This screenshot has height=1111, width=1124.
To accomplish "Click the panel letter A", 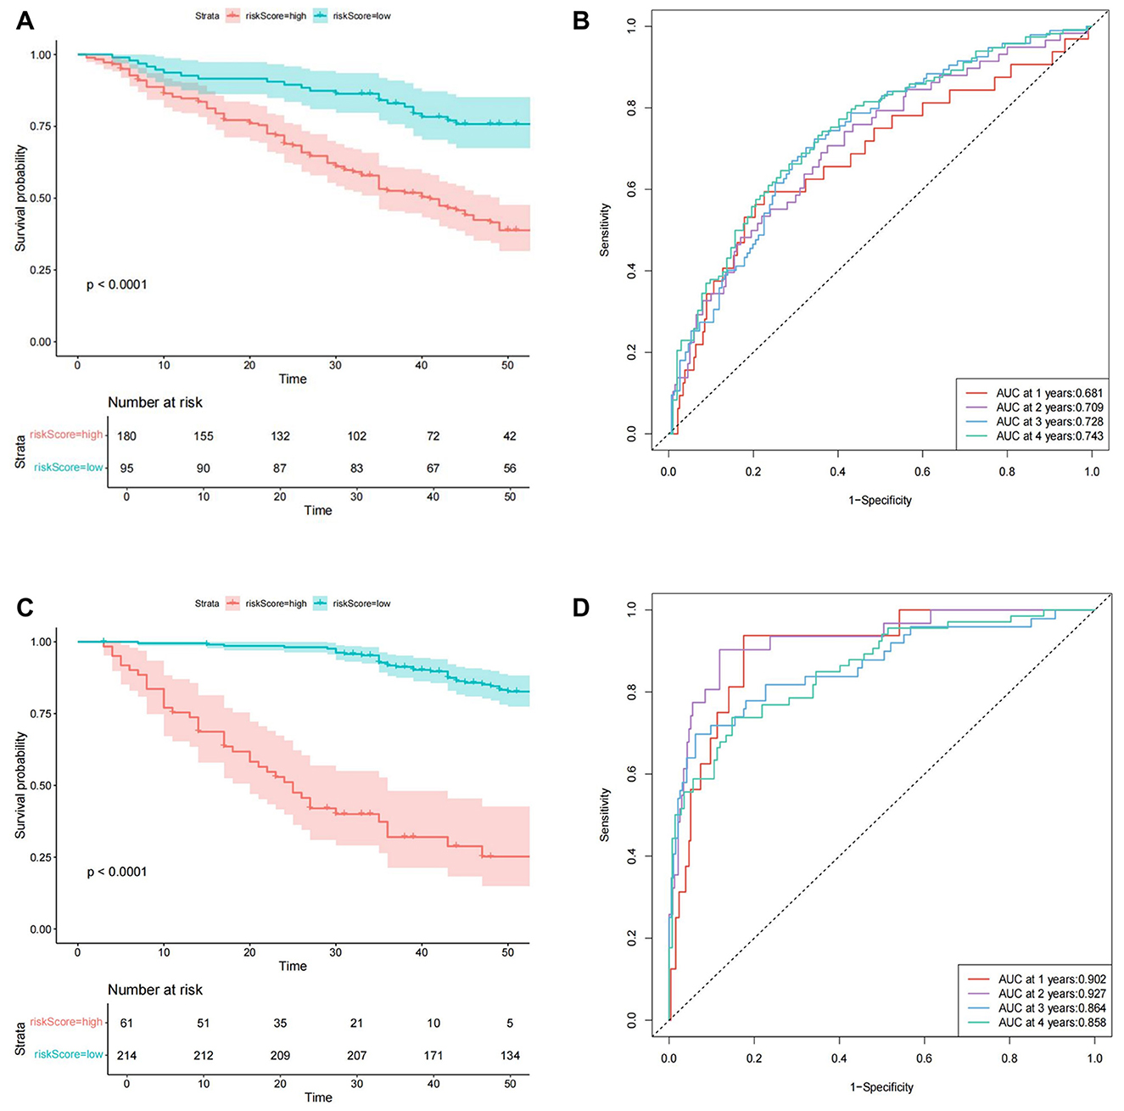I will pyautogui.click(x=25, y=20).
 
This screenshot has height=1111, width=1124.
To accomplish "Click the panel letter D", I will pyautogui.click(x=581, y=608).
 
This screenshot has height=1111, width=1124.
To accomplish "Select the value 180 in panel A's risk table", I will pyautogui.click(x=126, y=436).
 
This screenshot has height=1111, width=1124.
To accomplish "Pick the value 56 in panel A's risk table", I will pyautogui.click(x=510, y=469).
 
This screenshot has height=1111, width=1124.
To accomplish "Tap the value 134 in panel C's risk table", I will pyautogui.click(x=510, y=1056).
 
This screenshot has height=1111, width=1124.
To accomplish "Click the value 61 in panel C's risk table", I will pyautogui.click(x=126, y=1024).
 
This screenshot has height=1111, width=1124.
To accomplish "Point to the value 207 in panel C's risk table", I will pyautogui.click(x=356, y=1056).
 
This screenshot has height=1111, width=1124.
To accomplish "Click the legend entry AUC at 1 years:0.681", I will pyautogui.click(x=1049, y=393).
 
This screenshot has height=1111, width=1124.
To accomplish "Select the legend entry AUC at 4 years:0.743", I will pyautogui.click(x=1049, y=436).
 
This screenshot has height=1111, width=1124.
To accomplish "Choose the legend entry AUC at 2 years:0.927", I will pyautogui.click(x=1052, y=994).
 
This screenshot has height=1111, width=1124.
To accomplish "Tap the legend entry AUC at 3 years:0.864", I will pyautogui.click(x=1052, y=1008).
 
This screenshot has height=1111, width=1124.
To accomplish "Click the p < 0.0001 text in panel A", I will pyautogui.click(x=117, y=285).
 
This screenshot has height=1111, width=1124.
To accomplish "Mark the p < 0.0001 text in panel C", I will pyautogui.click(x=117, y=873).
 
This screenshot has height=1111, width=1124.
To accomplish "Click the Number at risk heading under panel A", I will pyautogui.click(x=155, y=403).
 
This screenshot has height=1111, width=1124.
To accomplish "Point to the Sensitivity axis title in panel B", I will pyautogui.click(x=605, y=230).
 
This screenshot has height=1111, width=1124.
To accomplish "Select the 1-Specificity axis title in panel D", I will pyautogui.click(x=881, y=1087).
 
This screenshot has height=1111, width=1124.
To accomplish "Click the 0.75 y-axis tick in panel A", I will pyautogui.click(x=41, y=126).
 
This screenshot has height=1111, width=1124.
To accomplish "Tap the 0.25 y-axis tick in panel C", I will pyautogui.click(x=41, y=858).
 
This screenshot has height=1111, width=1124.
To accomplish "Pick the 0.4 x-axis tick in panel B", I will pyautogui.click(x=838, y=472).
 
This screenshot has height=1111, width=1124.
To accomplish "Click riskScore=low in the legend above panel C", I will pyautogui.click(x=361, y=603).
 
